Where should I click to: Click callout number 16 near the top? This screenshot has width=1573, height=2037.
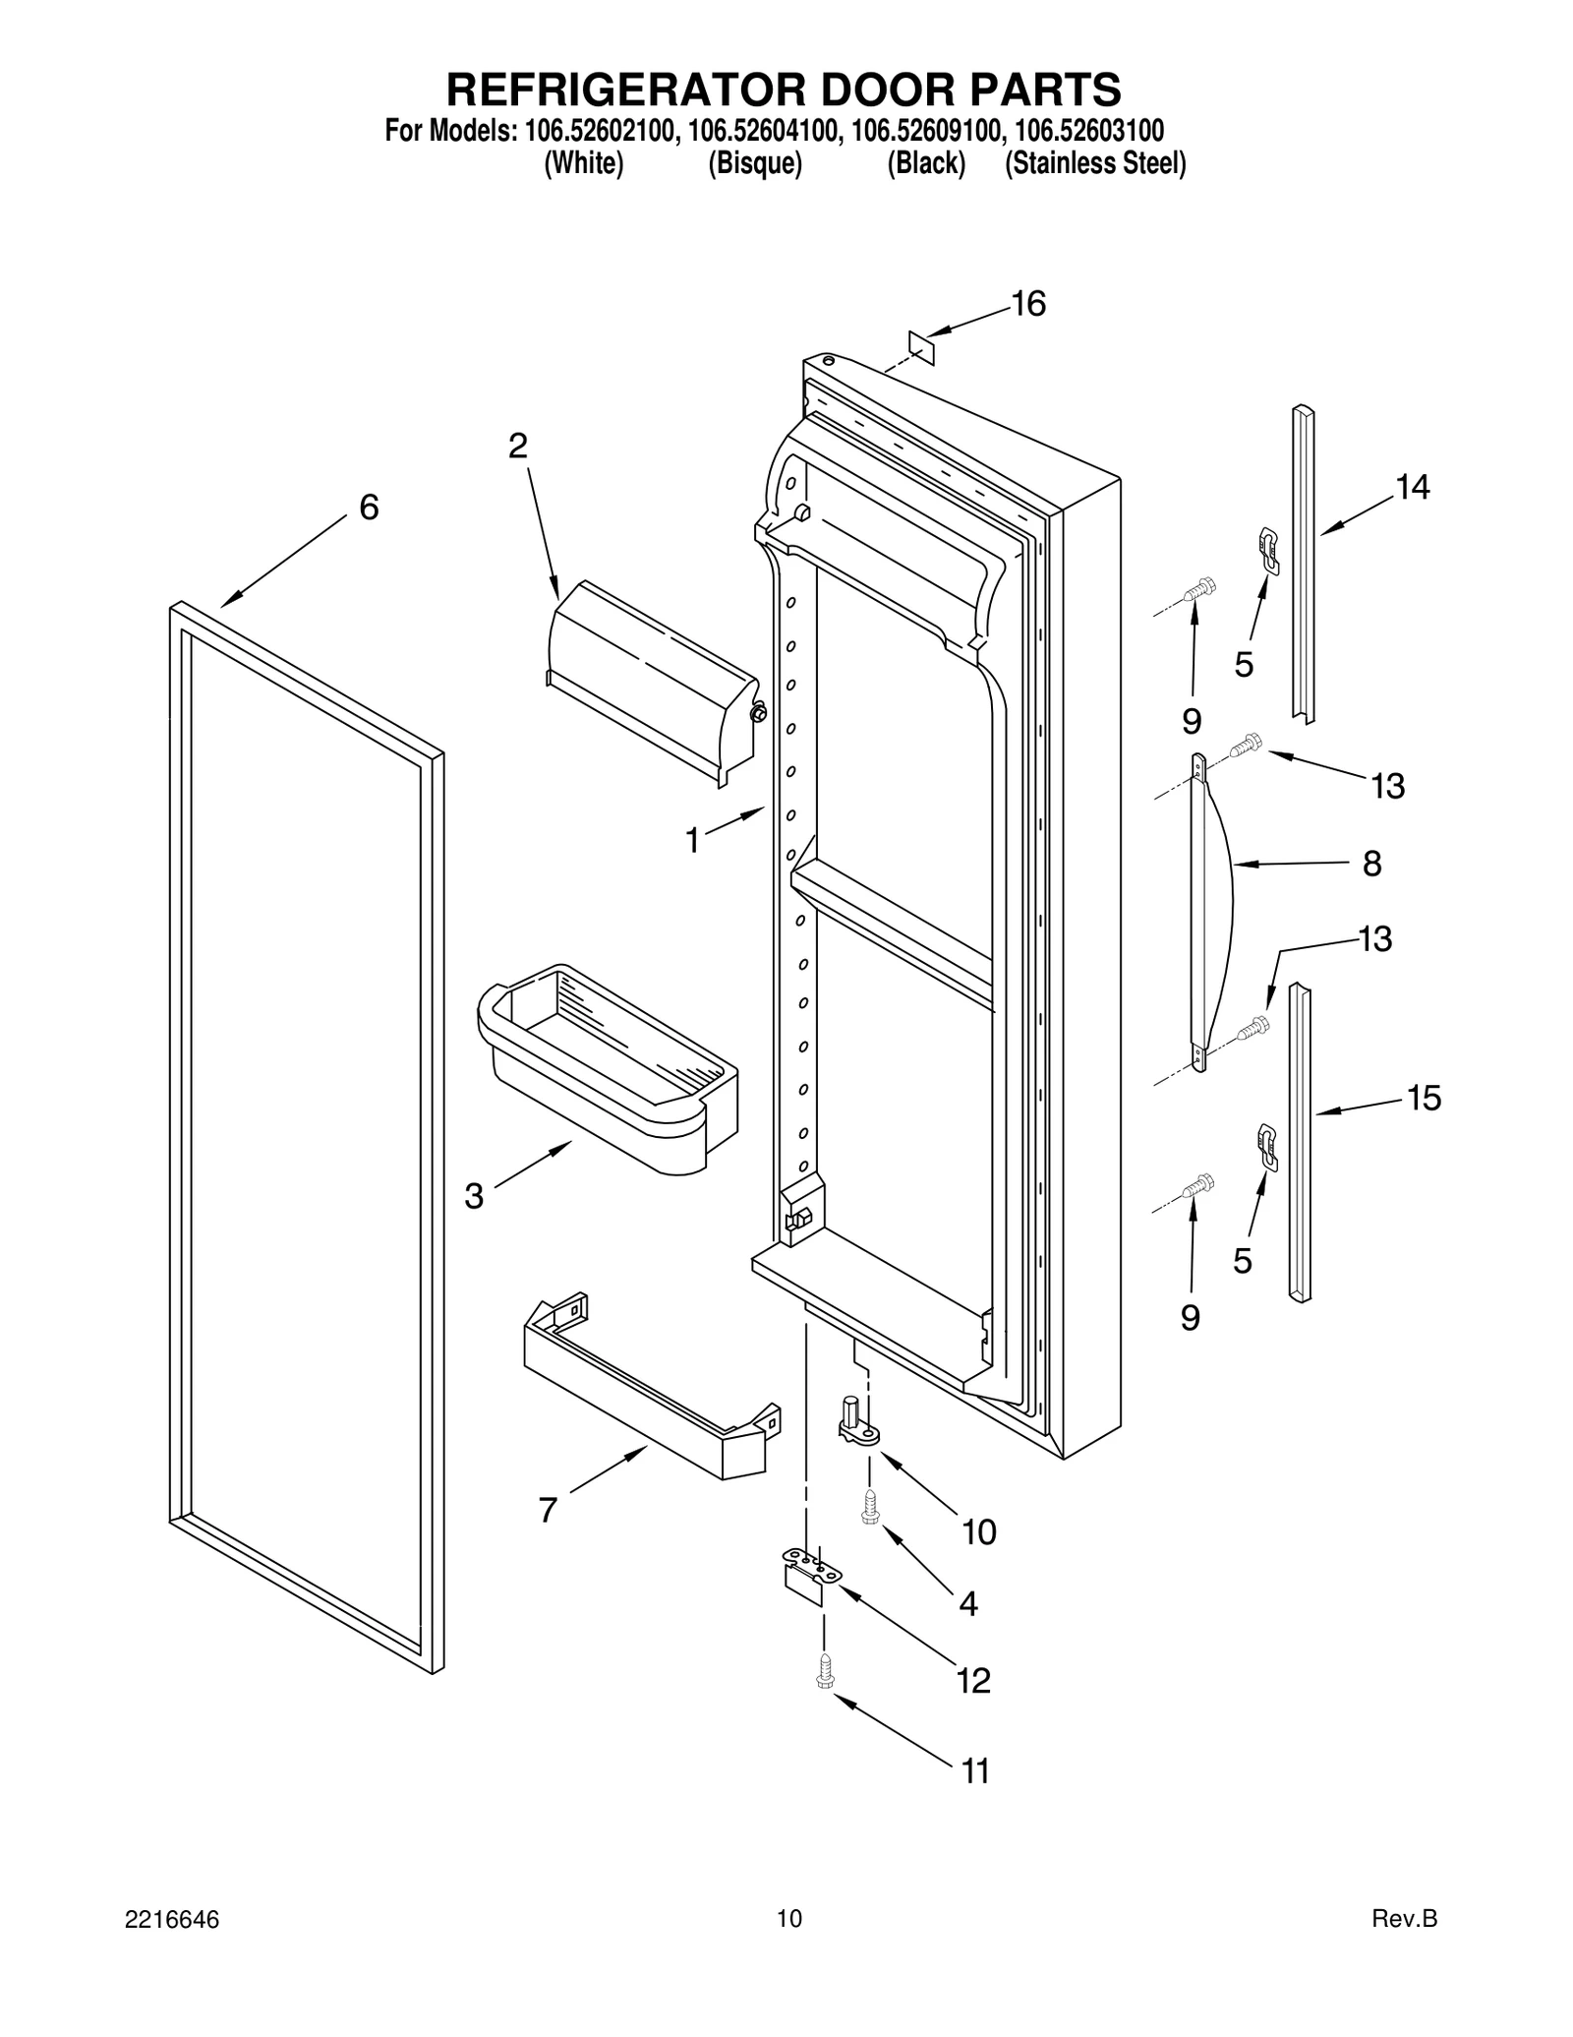pos(1028,305)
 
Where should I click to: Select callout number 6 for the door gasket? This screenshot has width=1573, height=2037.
pos(368,508)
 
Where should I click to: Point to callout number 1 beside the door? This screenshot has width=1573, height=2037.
pos(692,841)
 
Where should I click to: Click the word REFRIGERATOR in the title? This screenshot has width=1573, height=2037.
pos(607,90)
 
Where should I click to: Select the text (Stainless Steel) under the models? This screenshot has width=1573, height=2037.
pos(1094,163)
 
